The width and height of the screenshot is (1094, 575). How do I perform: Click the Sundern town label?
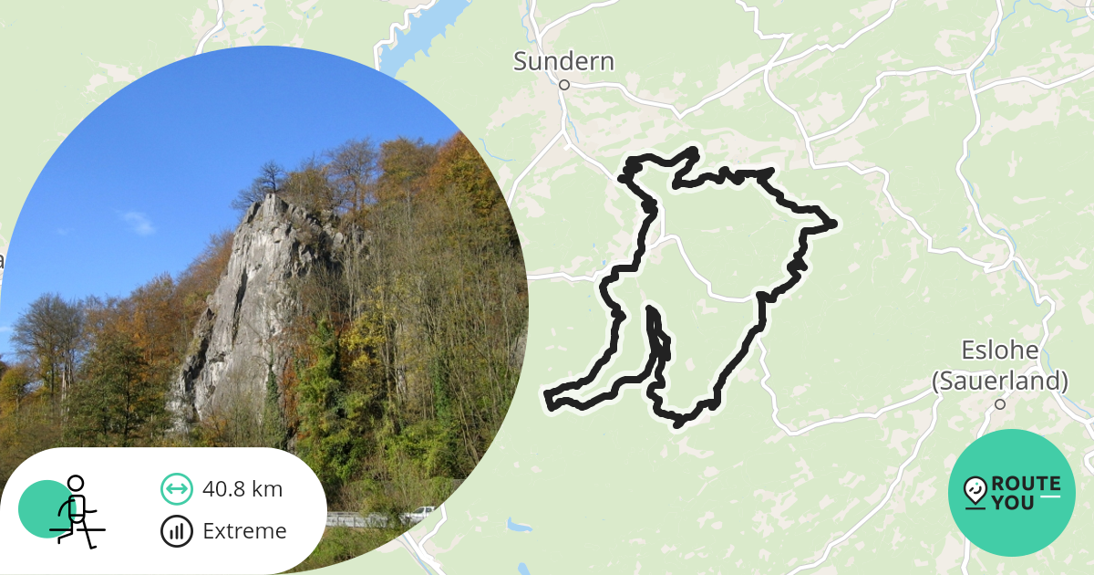(x=563, y=61)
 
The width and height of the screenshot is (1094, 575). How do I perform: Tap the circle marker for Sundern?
(x=564, y=85)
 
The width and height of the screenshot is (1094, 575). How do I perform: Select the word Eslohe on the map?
(x=1000, y=350)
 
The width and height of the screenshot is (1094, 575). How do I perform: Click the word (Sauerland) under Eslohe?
(x=1000, y=380)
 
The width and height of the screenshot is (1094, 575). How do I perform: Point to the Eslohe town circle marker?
(x=1000, y=403)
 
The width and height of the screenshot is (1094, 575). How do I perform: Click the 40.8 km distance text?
(x=243, y=489)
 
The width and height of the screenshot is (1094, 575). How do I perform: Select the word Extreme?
(x=244, y=531)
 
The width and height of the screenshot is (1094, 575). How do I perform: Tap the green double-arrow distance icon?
(x=177, y=489)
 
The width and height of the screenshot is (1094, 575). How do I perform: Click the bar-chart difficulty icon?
(x=177, y=531)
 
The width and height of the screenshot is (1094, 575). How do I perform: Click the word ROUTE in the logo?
(x=1026, y=484)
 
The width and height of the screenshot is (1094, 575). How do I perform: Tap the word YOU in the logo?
(x=1014, y=502)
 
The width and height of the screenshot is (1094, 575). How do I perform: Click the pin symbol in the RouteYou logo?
(x=975, y=492)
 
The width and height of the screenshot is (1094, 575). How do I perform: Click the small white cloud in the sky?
(x=137, y=221)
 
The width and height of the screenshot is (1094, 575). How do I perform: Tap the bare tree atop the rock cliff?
(x=270, y=175)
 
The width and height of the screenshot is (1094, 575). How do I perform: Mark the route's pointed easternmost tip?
(x=832, y=224)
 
